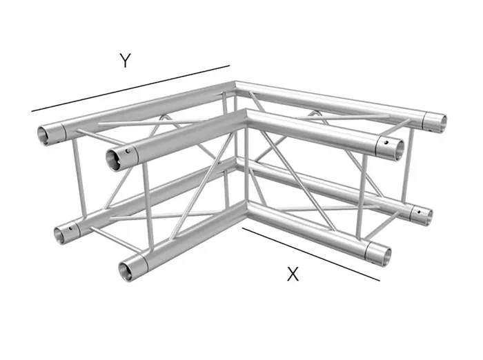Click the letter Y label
[126, 61]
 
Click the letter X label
[293, 274]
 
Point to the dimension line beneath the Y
[130, 88]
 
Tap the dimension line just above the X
[310, 254]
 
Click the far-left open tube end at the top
[45, 135]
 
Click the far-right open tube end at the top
[439, 123]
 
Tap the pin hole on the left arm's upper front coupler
[126, 152]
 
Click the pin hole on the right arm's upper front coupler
[386, 142]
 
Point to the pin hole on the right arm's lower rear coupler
[419, 212]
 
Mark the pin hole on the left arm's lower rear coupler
[70, 228]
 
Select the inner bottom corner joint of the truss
[246, 207]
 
